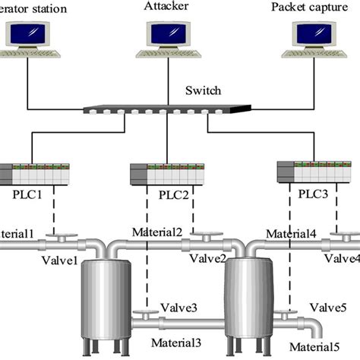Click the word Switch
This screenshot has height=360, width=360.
tap(203, 91)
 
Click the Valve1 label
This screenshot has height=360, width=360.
tap(60, 261)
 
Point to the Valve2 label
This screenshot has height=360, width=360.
tap(207, 259)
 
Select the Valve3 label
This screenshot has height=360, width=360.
tap(178, 307)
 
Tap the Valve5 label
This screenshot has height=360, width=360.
tap(327, 308)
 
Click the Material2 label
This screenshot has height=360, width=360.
tap(157, 232)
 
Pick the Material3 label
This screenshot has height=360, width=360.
tap(176, 343)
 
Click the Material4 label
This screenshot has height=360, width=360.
tap(291, 232)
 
